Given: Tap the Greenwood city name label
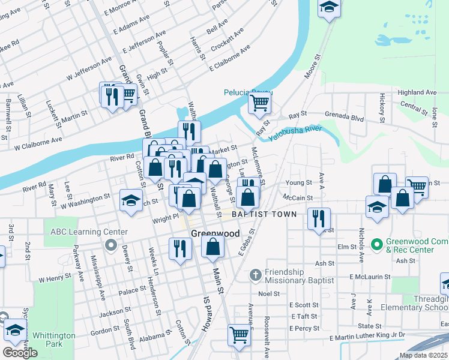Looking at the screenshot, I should tap(207, 233).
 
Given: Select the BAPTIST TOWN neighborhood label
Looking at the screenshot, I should tap(265, 214).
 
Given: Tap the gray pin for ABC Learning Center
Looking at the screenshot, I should tap(109, 245).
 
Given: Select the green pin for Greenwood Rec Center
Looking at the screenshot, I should tap(376, 245).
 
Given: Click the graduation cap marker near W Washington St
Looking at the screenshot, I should tap(130, 201).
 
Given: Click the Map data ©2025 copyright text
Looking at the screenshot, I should tap(423, 355).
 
